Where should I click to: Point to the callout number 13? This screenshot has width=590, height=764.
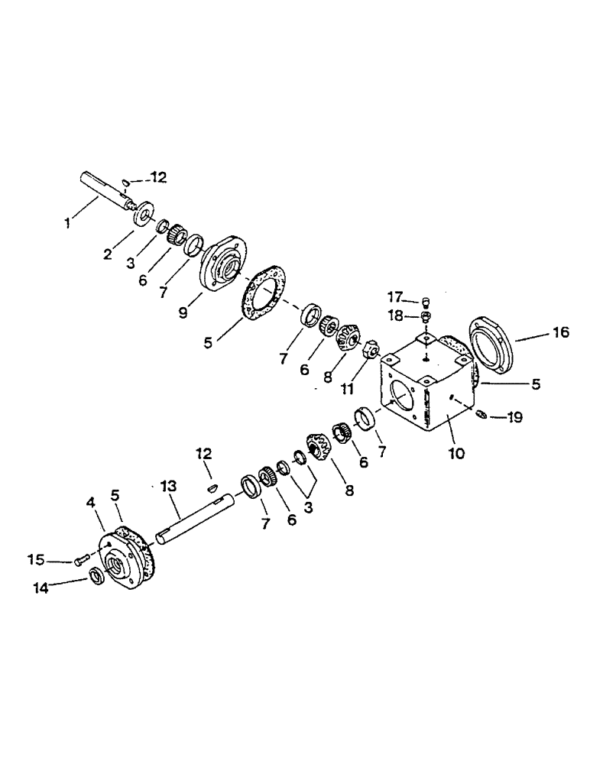[168, 486]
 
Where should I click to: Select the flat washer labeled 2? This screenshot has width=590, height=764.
[142, 215]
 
